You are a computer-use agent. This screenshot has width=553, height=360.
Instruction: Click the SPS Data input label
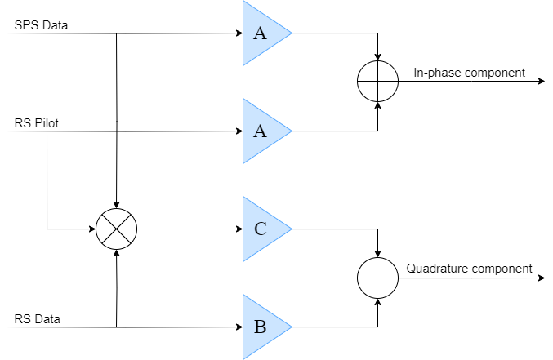coord(41,24)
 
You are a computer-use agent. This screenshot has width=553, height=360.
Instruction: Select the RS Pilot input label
coord(37,123)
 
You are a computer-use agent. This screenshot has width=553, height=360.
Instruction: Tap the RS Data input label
coord(37,318)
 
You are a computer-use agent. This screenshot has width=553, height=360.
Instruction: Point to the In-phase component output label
coord(469,73)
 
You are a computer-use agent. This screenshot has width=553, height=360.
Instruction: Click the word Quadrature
coord(438,268)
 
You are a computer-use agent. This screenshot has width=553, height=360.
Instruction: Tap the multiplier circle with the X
coord(117,229)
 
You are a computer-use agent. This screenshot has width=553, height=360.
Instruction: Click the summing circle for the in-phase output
coord(377,82)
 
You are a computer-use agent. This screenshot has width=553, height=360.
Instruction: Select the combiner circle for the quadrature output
coord(377,278)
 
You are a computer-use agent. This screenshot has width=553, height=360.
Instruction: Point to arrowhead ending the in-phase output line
coord(541,82)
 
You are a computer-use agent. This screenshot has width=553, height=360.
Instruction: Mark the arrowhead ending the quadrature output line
coord(541,278)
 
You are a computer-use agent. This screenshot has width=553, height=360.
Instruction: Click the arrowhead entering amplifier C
coord(239,229)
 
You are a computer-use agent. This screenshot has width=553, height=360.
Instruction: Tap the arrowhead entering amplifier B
coord(239,327)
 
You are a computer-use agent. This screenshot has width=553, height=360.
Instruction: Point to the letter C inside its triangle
coord(260,229)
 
